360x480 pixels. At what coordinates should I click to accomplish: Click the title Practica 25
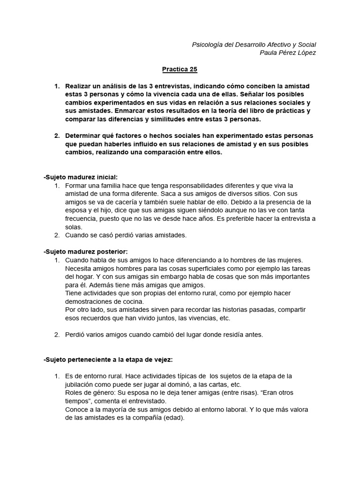coord(180,69)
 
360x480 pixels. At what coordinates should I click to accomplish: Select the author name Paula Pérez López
coord(288,52)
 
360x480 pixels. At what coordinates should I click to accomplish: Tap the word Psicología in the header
coord(208,45)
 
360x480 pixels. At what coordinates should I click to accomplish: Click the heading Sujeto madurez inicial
coord(80,177)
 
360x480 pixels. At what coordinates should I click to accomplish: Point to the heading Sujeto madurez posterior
coord(85,252)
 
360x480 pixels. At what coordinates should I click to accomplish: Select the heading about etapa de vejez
coord(108,360)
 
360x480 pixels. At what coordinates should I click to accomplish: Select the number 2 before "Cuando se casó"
coord(56,235)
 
